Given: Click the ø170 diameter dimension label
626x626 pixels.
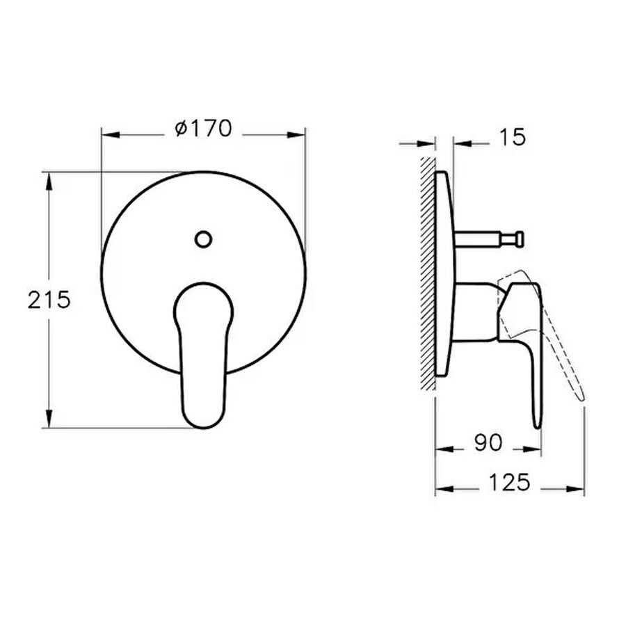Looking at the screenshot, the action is [x=203, y=129].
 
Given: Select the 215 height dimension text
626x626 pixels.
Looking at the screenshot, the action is [x=49, y=299].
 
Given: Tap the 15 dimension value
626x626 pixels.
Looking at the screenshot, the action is [x=513, y=137].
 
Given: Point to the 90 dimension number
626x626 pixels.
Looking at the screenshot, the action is [x=488, y=442].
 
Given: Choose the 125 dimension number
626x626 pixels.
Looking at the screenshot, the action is [x=509, y=482].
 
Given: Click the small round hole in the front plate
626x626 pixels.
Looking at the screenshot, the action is [x=203, y=239].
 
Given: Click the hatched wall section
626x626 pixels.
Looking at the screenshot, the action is [x=428, y=273].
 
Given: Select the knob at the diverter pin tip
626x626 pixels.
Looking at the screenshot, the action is [x=519, y=239].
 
